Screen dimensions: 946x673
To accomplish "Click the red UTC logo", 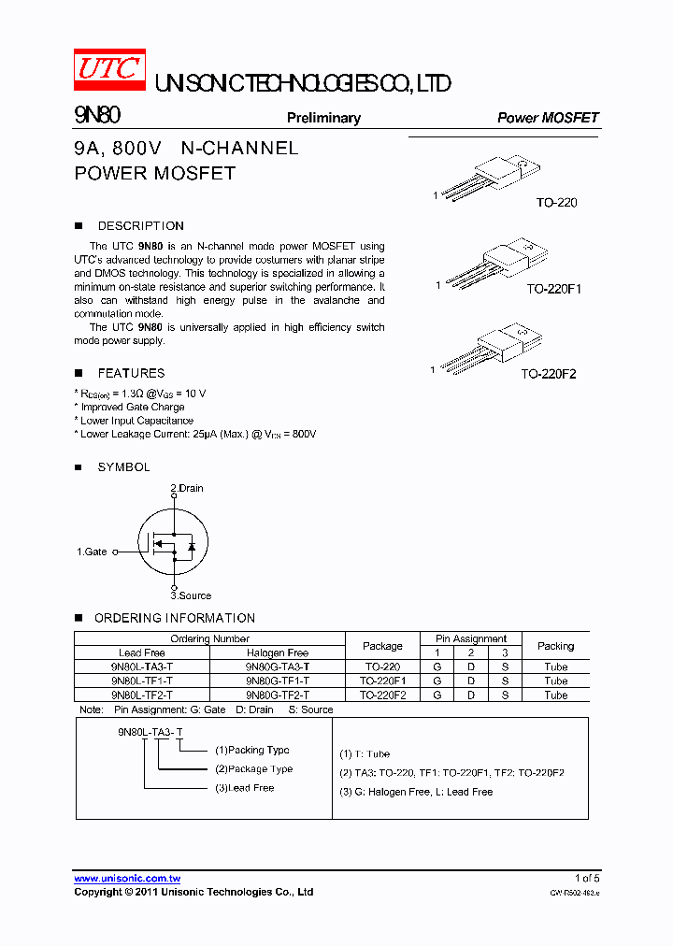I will pyautogui.click(x=109, y=69).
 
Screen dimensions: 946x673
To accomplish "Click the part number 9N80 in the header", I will pyautogui.click(x=96, y=116).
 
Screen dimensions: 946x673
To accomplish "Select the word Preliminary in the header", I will pyautogui.click(x=323, y=118).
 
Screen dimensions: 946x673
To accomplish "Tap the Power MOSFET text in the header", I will pyautogui.click(x=547, y=118).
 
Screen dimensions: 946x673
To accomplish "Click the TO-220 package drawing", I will pyautogui.click(x=492, y=178).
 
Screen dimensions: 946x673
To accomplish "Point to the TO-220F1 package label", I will pyautogui.click(x=553, y=289).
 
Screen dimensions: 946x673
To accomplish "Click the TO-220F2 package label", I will pyautogui.click(x=549, y=374).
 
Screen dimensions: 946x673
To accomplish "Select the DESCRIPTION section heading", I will pyautogui.click(x=140, y=226).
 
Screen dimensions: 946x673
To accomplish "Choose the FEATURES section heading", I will pyautogui.click(x=131, y=373).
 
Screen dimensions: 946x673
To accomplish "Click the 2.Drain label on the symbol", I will pyautogui.click(x=186, y=488).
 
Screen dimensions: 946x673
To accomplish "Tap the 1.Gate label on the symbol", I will pyautogui.click(x=92, y=552).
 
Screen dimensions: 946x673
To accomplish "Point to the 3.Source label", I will pyautogui.click(x=191, y=595).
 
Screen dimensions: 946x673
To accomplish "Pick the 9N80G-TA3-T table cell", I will pyautogui.click(x=278, y=667).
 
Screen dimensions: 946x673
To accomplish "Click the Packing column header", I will pyautogui.click(x=555, y=646).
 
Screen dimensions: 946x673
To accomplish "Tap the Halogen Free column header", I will pyautogui.click(x=278, y=652).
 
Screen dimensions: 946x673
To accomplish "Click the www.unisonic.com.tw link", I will pyautogui.click(x=127, y=879).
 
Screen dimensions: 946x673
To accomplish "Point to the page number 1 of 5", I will pyautogui.click(x=586, y=878).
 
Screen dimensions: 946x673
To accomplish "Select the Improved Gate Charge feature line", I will pyautogui.click(x=132, y=408).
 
